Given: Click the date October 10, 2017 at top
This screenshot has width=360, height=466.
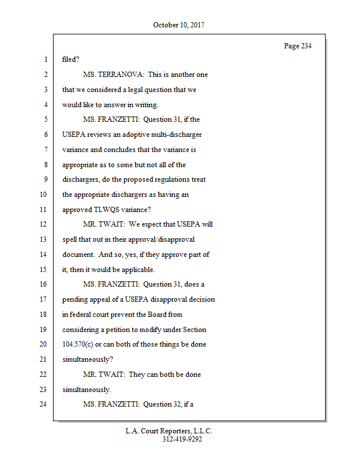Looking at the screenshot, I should click(x=179, y=25).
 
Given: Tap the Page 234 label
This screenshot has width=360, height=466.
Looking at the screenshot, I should click(x=298, y=46).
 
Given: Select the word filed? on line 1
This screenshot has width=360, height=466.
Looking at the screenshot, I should click(x=71, y=59).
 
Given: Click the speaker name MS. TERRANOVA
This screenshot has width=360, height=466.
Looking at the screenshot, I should click(x=114, y=75).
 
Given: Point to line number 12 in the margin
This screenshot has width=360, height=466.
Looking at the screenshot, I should click(x=43, y=224).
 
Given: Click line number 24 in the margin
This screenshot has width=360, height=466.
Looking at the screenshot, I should click(x=43, y=404).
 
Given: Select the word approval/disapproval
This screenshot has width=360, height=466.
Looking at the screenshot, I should click(x=161, y=239).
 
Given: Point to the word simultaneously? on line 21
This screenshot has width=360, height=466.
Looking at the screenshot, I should click(x=87, y=359).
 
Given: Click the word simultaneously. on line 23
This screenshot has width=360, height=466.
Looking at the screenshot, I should click(x=86, y=389).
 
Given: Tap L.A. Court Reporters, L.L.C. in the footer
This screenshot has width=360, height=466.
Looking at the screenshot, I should click(x=169, y=431).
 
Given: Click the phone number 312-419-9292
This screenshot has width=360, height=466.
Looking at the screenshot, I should click(x=182, y=439).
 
